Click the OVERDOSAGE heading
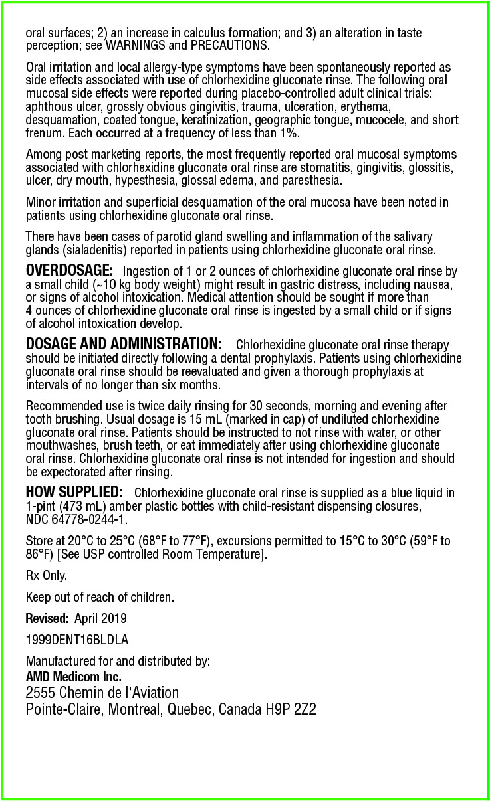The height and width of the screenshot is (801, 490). click(x=69, y=271)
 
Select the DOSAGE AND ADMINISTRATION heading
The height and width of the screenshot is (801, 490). click(x=123, y=345)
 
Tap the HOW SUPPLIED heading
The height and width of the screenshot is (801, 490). click(x=74, y=493)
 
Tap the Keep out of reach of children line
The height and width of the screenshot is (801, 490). click(x=100, y=597)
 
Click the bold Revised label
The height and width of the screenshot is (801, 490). click(x=47, y=618)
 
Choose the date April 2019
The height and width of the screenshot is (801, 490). click(x=100, y=618)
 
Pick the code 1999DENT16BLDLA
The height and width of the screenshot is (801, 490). click(x=76, y=640)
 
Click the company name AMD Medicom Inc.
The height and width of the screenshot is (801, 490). click(x=73, y=677)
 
